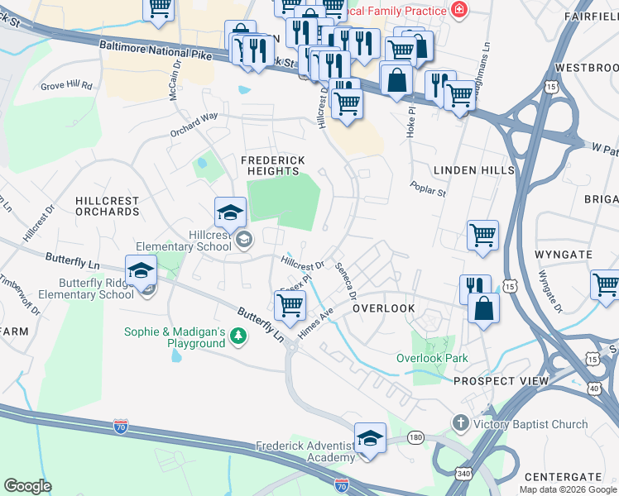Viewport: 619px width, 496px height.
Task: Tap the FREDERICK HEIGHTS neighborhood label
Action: pyautogui.click(x=272, y=165)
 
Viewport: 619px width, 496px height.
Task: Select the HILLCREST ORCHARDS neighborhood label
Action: pyautogui.click(x=107, y=206)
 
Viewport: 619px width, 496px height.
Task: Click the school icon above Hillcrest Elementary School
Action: pyautogui.click(x=230, y=214)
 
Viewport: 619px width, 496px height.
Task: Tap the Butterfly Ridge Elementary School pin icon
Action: pyautogui.click(x=142, y=272)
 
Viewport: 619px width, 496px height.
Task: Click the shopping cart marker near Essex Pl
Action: pyautogui.click(x=290, y=305)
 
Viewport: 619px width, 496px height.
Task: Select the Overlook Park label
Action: pyautogui.click(x=431, y=358)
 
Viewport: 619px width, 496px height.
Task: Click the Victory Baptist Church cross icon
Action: pyautogui.click(x=460, y=424)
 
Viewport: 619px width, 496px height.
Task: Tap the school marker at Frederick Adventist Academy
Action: pyautogui.click(x=370, y=439)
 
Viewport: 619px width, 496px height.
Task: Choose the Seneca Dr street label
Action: pyautogui.click(x=346, y=281)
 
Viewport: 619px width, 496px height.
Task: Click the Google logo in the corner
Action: pyautogui.click(x=27, y=485)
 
